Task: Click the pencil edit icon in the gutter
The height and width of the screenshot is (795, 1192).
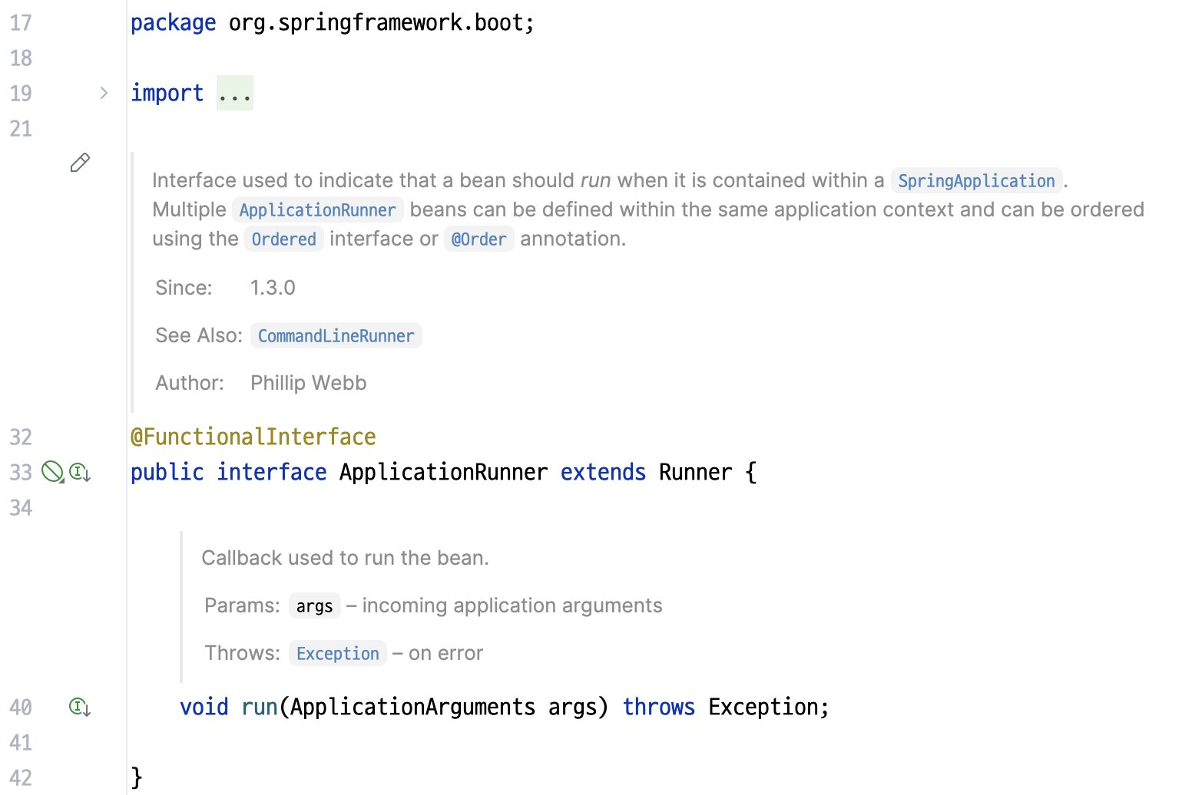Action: click(x=80, y=163)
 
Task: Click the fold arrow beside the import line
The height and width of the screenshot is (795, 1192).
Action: click(x=104, y=93)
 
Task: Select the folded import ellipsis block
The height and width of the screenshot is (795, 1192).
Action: click(x=234, y=94)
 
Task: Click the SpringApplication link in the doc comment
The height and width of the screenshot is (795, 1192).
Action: click(x=976, y=181)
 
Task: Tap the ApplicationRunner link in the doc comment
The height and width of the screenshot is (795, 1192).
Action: click(x=317, y=210)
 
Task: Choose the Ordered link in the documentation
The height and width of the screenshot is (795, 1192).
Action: click(x=283, y=239)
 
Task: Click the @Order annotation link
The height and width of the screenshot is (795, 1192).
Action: click(x=478, y=239)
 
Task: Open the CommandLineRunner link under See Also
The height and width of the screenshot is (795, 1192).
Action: click(x=336, y=336)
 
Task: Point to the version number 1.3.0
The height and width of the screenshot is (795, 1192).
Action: click(x=273, y=288)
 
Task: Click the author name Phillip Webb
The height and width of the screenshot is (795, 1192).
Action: click(x=308, y=383)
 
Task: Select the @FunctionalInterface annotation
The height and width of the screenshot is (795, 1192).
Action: click(x=253, y=437)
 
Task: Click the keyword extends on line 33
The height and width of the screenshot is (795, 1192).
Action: click(x=603, y=472)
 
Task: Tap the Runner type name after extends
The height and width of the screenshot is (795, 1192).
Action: click(x=695, y=472)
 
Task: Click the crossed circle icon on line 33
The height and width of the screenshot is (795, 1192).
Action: click(x=52, y=472)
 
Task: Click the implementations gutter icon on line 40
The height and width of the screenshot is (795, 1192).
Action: click(x=80, y=707)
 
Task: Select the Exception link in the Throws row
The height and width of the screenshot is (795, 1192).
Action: click(x=337, y=654)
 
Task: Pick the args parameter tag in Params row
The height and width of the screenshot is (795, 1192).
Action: click(x=314, y=606)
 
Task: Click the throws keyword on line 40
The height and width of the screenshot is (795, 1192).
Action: click(x=658, y=707)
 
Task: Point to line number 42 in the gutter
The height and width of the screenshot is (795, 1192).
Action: click(x=21, y=777)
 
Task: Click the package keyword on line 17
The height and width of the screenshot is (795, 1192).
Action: click(x=173, y=23)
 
